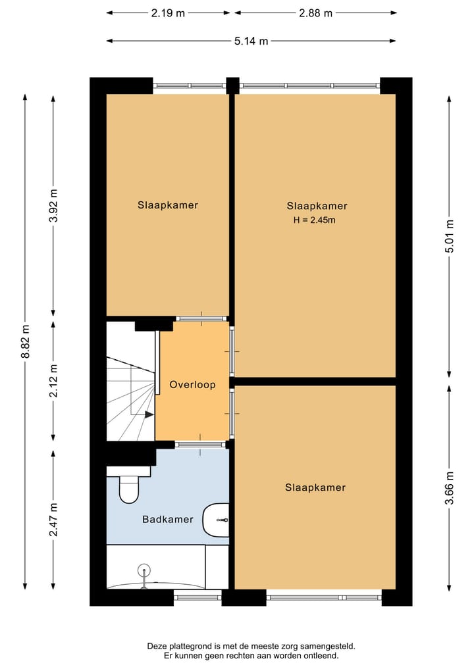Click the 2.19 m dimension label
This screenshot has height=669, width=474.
coord(168,13)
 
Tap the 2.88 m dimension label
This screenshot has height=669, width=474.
coord(315,13)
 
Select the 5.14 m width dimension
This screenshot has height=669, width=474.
coord(251,41)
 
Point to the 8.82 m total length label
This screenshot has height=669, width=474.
coord(26,341)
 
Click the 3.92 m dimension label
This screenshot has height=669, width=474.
coord(53,206)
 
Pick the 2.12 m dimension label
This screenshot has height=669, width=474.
coord(53,381)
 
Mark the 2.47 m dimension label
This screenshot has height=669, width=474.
coord(53,520)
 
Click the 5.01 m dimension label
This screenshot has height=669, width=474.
coord(449,236)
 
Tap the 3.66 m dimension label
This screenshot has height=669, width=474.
coord(449,488)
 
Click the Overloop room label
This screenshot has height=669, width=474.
coord(192,385)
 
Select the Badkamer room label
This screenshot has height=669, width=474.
coord(168,519)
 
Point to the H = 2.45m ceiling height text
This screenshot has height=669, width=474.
coord(314,220)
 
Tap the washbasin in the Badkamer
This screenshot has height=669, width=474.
coord(217,520)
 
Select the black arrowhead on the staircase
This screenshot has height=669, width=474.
coord(149,414)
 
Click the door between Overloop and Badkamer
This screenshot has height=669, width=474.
coord(200,445)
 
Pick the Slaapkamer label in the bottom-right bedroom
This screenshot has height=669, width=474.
coord(315,487)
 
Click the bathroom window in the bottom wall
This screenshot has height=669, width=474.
coord(197,597)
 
